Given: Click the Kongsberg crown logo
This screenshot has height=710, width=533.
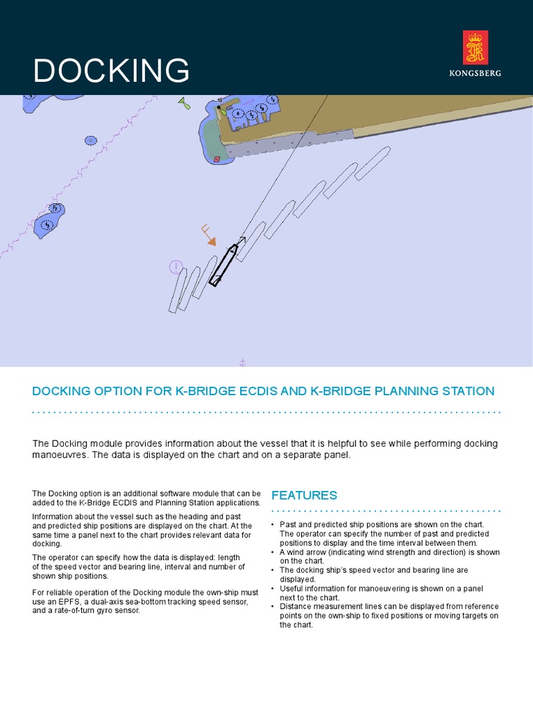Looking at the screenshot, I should (x=475, y=48).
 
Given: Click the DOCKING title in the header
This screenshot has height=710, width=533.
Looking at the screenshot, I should (x=111, y=71).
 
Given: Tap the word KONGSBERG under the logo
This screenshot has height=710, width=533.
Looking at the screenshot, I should (x=475, y=73).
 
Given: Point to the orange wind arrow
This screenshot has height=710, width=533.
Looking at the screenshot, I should (x=208, y=236).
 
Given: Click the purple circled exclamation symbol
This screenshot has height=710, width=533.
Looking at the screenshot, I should (x=176, y=267).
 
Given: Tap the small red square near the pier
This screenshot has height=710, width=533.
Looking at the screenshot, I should (x=217, y=159).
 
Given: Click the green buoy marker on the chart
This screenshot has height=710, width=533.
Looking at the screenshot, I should (x=184, y=104).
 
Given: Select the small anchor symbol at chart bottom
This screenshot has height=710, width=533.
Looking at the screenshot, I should (x=242, y=362).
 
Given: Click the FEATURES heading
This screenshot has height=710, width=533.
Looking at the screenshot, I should (x=304, y=495).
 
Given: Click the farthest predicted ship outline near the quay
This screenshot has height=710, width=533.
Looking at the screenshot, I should (x=373, y=164).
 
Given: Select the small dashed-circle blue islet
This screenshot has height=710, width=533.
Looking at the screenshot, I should (x=91, y=141).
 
